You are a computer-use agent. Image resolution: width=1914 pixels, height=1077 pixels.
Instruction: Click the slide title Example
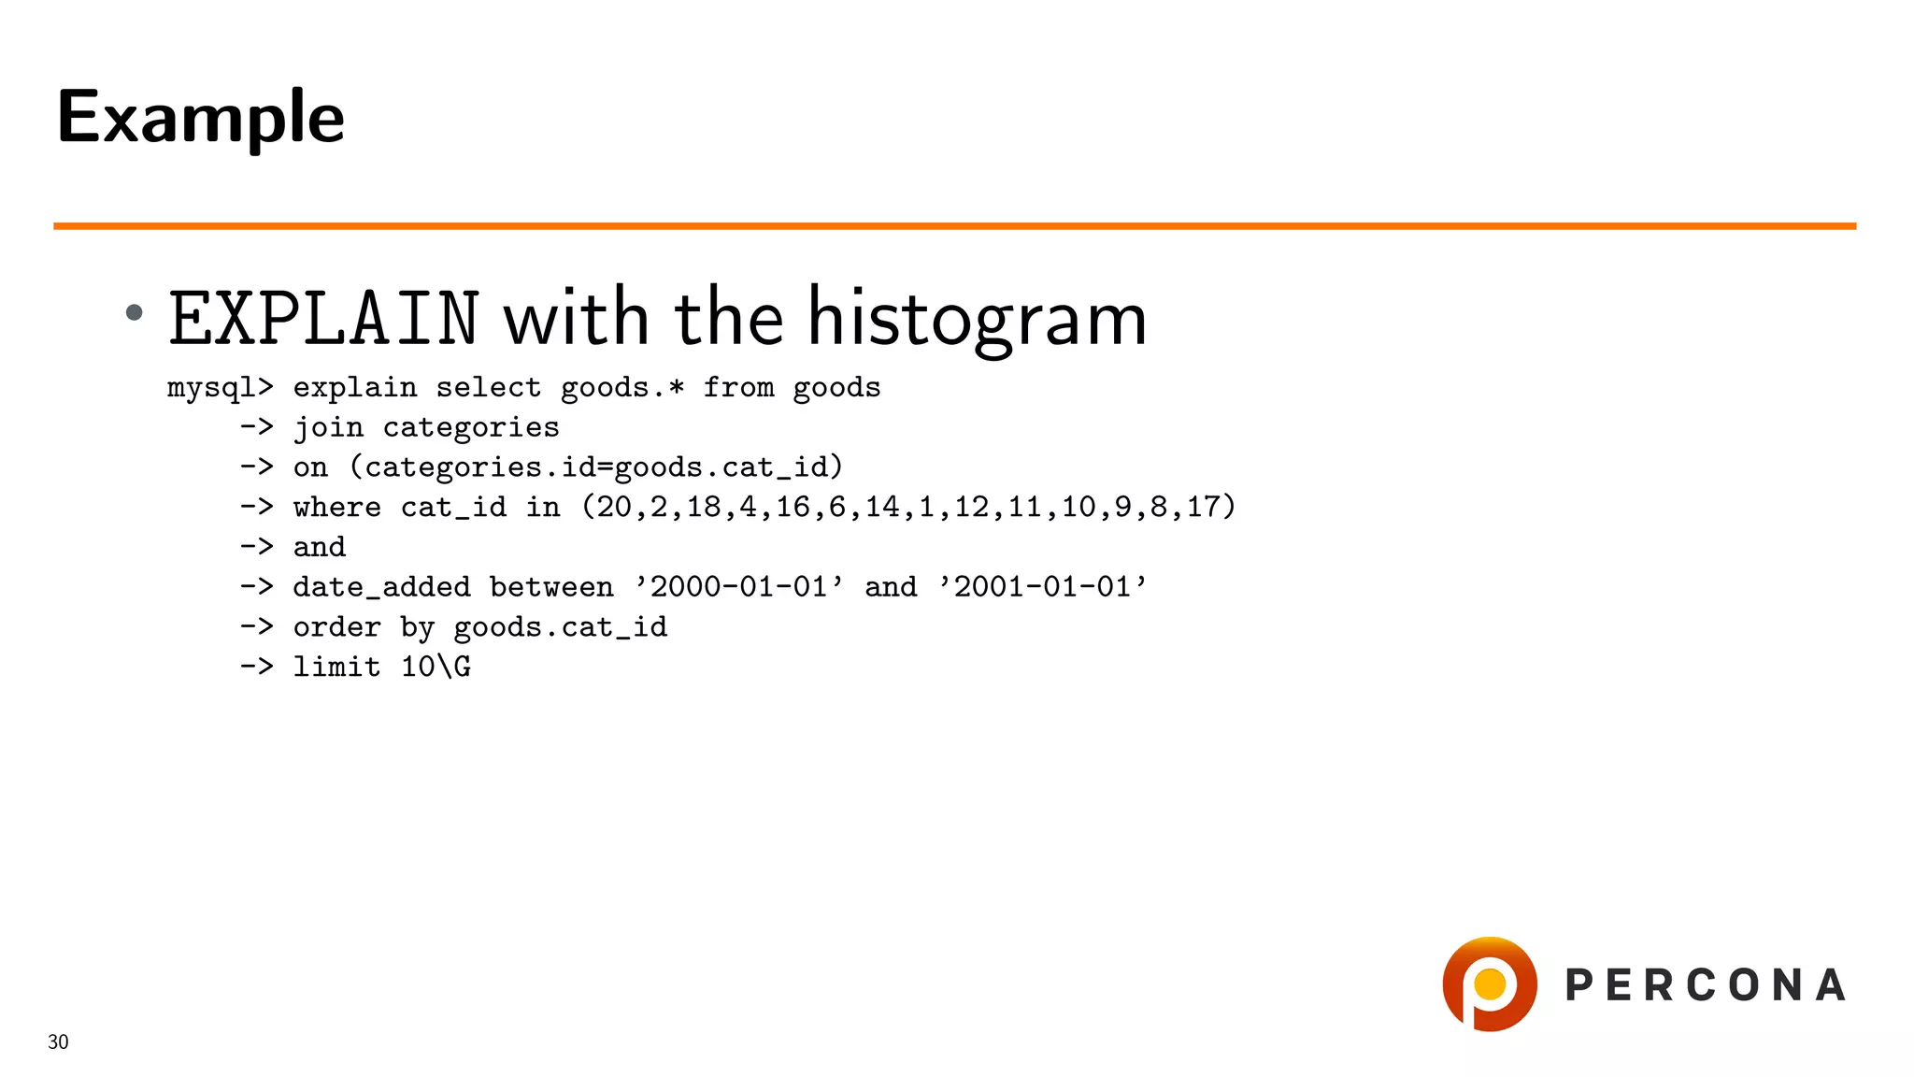(x=200, y=118)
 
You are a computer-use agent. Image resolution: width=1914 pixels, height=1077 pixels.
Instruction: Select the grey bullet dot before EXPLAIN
(x=135, y=312)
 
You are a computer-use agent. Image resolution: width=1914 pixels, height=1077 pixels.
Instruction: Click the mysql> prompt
(x=220, y=388)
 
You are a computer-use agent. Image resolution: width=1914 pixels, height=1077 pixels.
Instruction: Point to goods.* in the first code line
(x=622, y=388)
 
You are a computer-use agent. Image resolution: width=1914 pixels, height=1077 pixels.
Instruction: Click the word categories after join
(x=470, y=428)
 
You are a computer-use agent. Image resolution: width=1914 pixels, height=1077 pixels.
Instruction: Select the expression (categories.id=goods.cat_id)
(x=596, y=467)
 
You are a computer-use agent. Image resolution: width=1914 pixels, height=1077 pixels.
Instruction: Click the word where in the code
(x=336, y=508)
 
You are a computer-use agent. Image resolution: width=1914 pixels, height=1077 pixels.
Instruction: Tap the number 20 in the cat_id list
(x=614, y=508)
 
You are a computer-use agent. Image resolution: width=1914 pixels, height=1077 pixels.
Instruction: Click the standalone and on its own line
(x=319, y=548)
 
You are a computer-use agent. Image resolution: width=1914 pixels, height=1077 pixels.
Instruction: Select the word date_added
(x=381, y=588)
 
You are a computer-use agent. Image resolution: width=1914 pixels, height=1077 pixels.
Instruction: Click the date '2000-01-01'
(x=738, y=587)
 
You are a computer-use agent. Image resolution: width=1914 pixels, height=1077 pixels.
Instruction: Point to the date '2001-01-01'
(x=1042, y=587)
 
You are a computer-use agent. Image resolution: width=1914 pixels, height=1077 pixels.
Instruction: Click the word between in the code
(x=551, y=587)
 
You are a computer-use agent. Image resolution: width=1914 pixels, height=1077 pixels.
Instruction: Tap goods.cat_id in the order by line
(x=560, y=627)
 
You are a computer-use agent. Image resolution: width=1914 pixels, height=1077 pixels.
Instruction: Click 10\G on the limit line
(x=436, y=668)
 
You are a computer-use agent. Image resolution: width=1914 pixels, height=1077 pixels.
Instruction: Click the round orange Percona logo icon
(x=1489, y=984)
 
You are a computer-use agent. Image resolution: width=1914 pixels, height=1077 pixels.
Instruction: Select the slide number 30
(x=58, y=1042)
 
